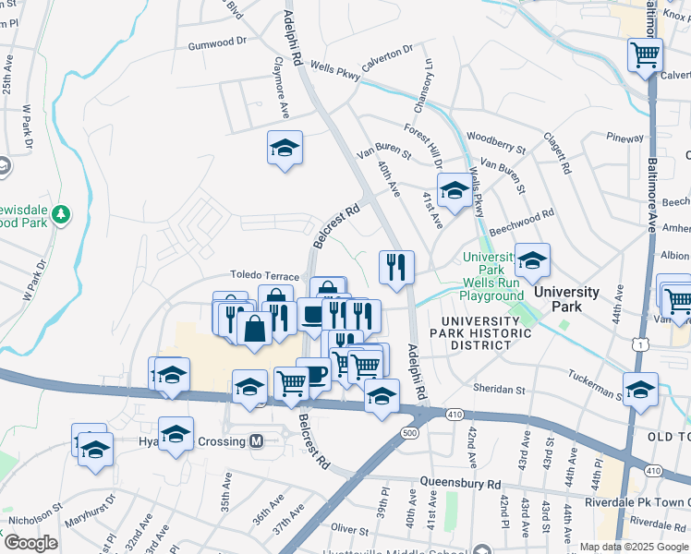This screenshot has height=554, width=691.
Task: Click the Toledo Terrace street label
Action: tap(265, 276)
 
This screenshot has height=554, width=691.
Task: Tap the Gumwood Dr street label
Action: tap(218, 42)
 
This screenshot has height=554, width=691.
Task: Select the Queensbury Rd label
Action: tap(459, 483)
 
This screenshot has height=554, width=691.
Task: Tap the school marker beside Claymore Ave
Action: tap(285, 148)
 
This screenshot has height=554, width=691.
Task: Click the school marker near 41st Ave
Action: tap(454, 190)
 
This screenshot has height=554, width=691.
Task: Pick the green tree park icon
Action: tap(62, 214)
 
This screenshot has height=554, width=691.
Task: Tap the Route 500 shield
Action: tap(411, 432)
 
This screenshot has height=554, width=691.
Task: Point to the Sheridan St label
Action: tap(499, 387)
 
